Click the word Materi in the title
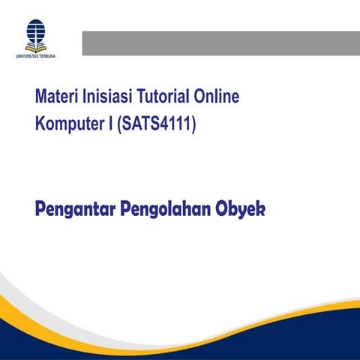coord(56,97)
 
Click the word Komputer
coord(70,124)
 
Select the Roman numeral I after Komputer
coord(110,124)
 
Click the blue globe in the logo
coord(35,30)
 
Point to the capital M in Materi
coord(40,97)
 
